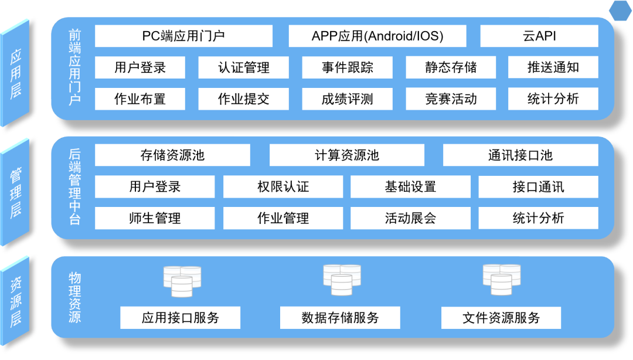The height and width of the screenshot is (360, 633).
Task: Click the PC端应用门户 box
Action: click(x=183, y=36)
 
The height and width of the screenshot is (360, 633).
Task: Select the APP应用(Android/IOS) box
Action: click(x=377, y=36)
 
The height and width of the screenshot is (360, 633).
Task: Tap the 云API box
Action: click(x=539, y=36)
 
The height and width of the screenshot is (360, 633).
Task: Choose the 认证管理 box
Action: click(x=244, y=67)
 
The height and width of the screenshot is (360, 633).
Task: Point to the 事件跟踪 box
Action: click(x=347, y=67)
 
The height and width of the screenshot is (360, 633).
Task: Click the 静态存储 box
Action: click(x=451, y=67)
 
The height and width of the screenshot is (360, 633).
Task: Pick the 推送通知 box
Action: click(x=553, y=67)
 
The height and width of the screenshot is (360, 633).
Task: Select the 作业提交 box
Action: click(x=244, y=99)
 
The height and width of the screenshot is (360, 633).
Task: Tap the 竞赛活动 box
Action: click(x=451, y=99)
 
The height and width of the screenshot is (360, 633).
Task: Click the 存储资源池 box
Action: click(x=172, y=155)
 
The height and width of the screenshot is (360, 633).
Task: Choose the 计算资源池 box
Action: click(x=347, y=155)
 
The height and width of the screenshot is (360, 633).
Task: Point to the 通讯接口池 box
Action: click(x=520, y=155)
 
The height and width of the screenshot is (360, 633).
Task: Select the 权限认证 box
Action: click(x=283, y=187)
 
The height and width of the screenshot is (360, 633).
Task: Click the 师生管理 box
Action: click(x=155, y=218)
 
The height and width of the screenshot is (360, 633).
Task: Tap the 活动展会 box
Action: click(x=411, y=218)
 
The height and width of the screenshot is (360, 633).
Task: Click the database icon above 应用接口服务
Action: click(x=182, y=281)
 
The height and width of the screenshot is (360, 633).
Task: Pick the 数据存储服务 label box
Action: click(x=341, y=318)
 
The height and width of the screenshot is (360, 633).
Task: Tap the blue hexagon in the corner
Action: click(x=621, y=11)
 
